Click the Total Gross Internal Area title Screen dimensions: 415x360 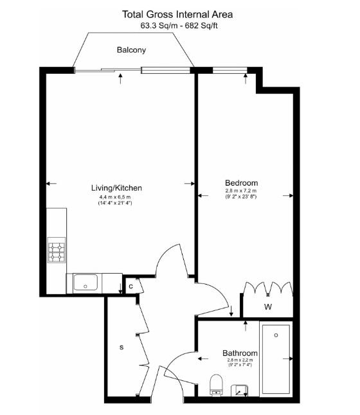[178, 14]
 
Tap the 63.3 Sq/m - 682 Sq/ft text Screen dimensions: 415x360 [178, 26]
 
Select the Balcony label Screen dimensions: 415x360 [132, 49]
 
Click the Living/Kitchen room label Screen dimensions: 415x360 [116, 188]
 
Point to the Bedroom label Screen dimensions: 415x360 [240, 182]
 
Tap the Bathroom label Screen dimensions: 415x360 [240, 353]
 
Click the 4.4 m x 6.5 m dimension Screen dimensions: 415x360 [115, 197]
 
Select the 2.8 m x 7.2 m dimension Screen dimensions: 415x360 [240, 191]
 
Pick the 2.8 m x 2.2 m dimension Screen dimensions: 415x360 [240, 361]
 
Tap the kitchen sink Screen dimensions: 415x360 [85, 281]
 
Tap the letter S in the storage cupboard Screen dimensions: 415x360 [121, 348]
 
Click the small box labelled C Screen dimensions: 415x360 [130, 287]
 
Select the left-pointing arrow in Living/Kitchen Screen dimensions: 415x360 [51, 184]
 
